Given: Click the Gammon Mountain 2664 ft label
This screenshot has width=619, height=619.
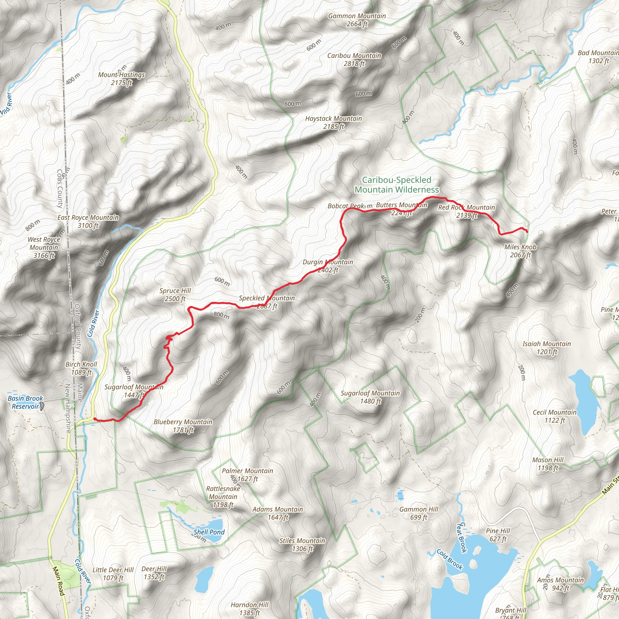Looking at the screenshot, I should (357, 20).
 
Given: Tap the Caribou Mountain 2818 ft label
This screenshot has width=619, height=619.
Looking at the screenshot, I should (354, 60).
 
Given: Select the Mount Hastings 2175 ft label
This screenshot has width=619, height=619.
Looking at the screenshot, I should (122, 79).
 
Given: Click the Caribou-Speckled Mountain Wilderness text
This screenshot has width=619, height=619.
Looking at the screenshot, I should (397, 185).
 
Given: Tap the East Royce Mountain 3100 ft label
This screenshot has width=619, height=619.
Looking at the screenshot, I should (88, 221).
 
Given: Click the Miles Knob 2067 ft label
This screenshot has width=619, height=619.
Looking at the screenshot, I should (520, 251).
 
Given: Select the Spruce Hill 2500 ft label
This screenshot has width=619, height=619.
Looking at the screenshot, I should (175, 294).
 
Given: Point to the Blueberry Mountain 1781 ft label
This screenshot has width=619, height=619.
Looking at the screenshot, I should (183, 426).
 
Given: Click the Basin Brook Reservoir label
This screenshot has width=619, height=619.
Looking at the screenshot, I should (25, 402).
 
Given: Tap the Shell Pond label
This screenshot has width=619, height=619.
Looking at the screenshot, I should (209, 532).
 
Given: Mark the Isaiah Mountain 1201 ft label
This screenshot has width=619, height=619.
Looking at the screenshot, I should (546, 348).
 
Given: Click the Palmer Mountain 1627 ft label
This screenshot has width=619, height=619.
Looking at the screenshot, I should (247, 475).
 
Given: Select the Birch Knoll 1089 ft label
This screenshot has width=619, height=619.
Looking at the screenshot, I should (81, 368).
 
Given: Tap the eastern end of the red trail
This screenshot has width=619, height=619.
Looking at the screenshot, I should (527, 231).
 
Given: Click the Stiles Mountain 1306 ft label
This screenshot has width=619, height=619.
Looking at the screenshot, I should (302, 545).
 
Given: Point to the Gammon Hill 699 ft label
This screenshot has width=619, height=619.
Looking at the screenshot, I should (419, 513).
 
